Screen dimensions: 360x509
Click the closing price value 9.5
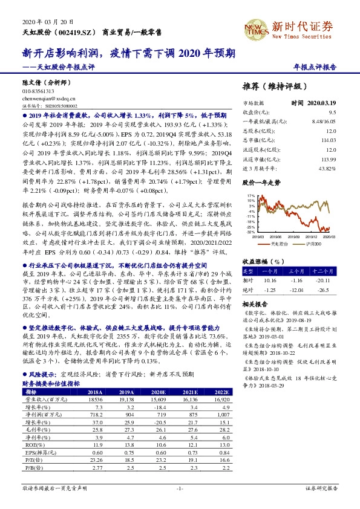tap(332, 112)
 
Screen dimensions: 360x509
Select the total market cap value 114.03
tap(329, 141)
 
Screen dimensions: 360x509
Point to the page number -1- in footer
tap(179, 487)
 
